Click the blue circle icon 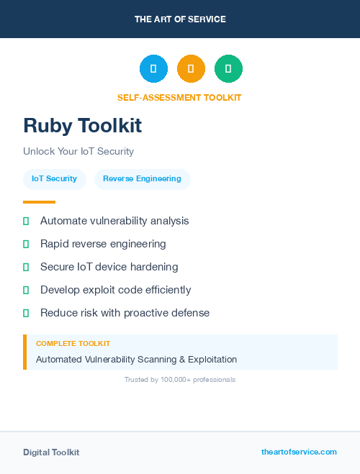(153, 68)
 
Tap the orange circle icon (191, 68)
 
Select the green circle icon (228, 68)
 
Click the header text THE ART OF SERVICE (180, 19)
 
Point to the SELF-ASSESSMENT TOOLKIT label (179, 98)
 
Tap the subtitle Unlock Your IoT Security (78, 152)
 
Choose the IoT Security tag (54, 179)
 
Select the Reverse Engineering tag (142, 179)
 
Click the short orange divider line (39, 202)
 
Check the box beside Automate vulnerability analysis (26, 221)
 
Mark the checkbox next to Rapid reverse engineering (26, 244)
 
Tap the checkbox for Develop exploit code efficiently (26, 290)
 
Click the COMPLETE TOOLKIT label (73, 344)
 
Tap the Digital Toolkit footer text (51, 452)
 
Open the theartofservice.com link (299, 452)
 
